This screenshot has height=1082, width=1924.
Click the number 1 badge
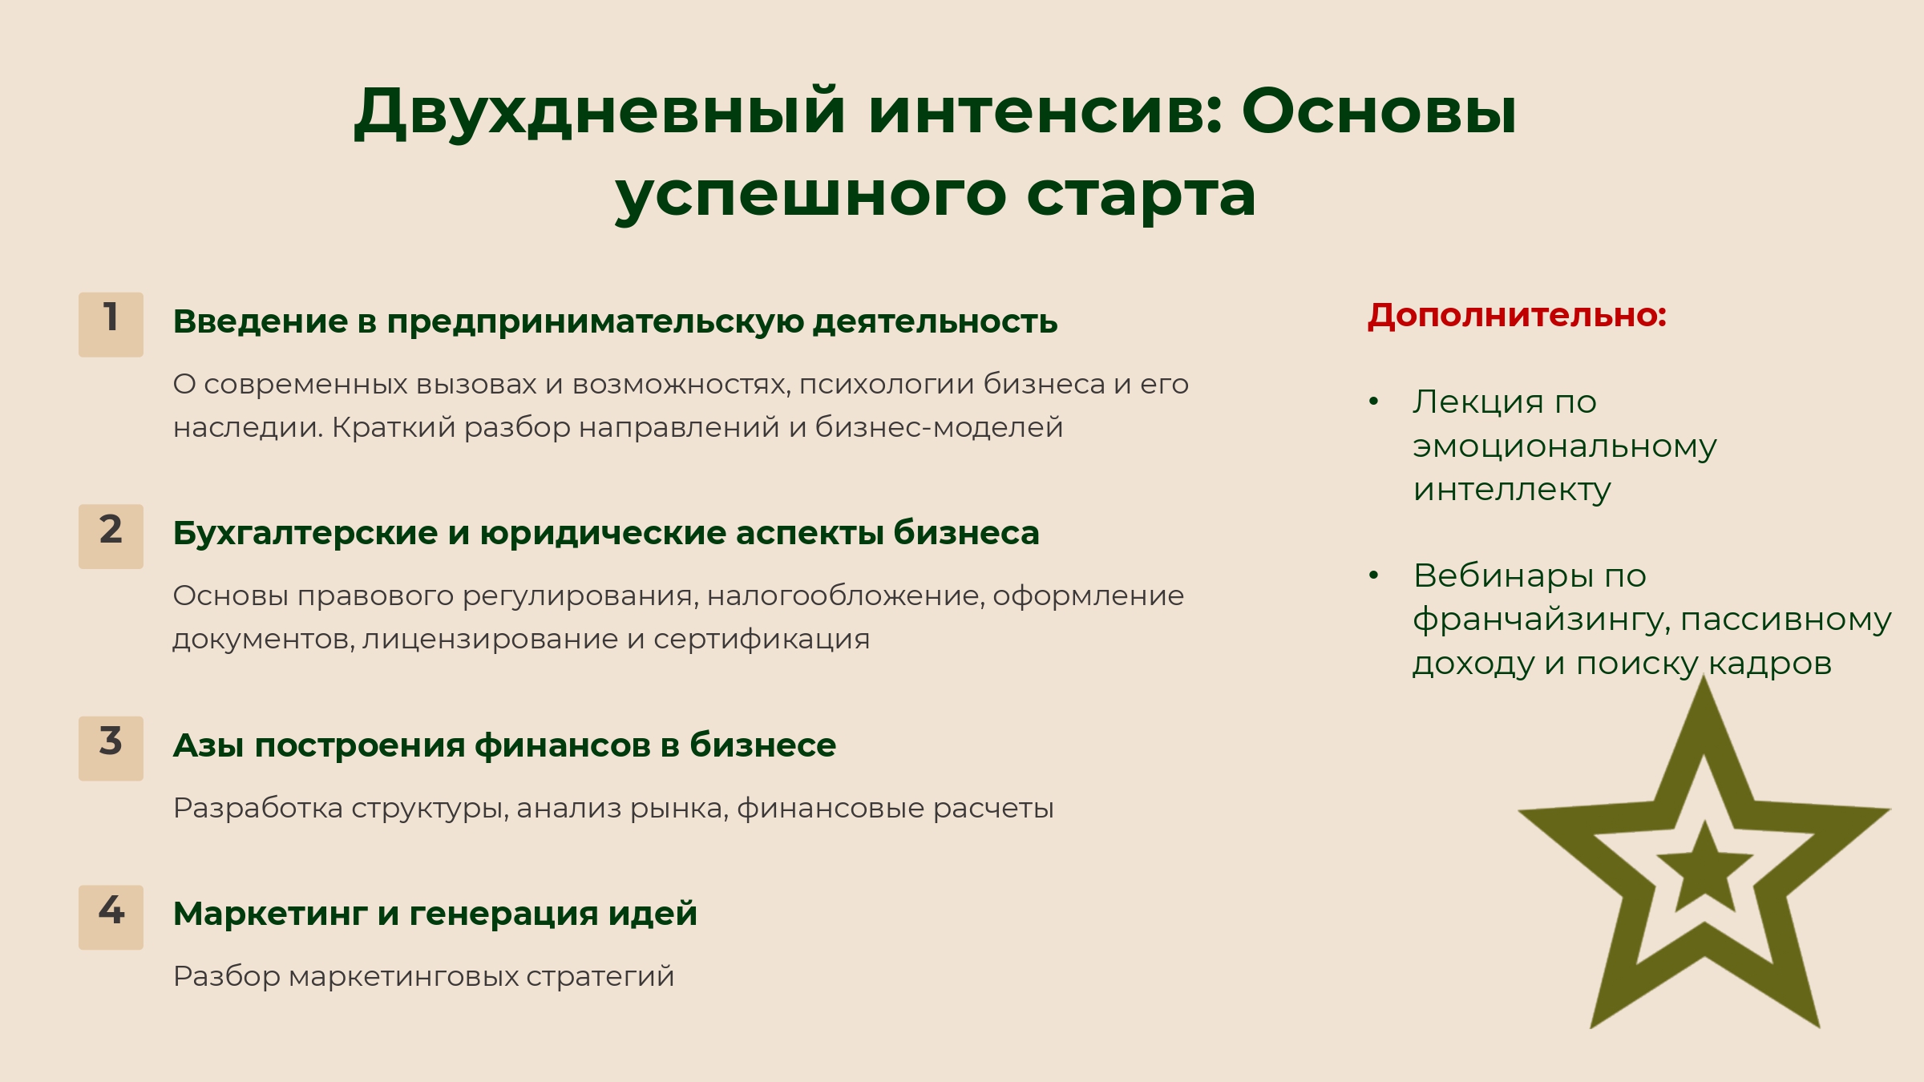(111, 325)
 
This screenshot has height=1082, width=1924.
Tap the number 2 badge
(111, 536)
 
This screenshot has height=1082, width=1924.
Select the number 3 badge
(111, 749)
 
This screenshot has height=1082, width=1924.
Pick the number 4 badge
(111, 918)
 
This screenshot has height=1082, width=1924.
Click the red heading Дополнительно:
(1517, 315)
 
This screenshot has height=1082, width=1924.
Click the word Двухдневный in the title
(600, 112)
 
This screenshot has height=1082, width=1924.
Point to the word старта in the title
(1141, 196)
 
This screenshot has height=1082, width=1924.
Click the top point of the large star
(1704, 675)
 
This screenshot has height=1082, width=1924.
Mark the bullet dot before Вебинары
(1373, 575)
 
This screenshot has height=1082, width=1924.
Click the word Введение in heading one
(261, 321)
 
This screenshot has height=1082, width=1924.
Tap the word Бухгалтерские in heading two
(305, 533)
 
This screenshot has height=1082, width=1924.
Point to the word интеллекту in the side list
(1512, 489)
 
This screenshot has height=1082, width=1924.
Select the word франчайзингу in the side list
(1542, 620)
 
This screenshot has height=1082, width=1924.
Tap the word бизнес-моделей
(939, 427)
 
